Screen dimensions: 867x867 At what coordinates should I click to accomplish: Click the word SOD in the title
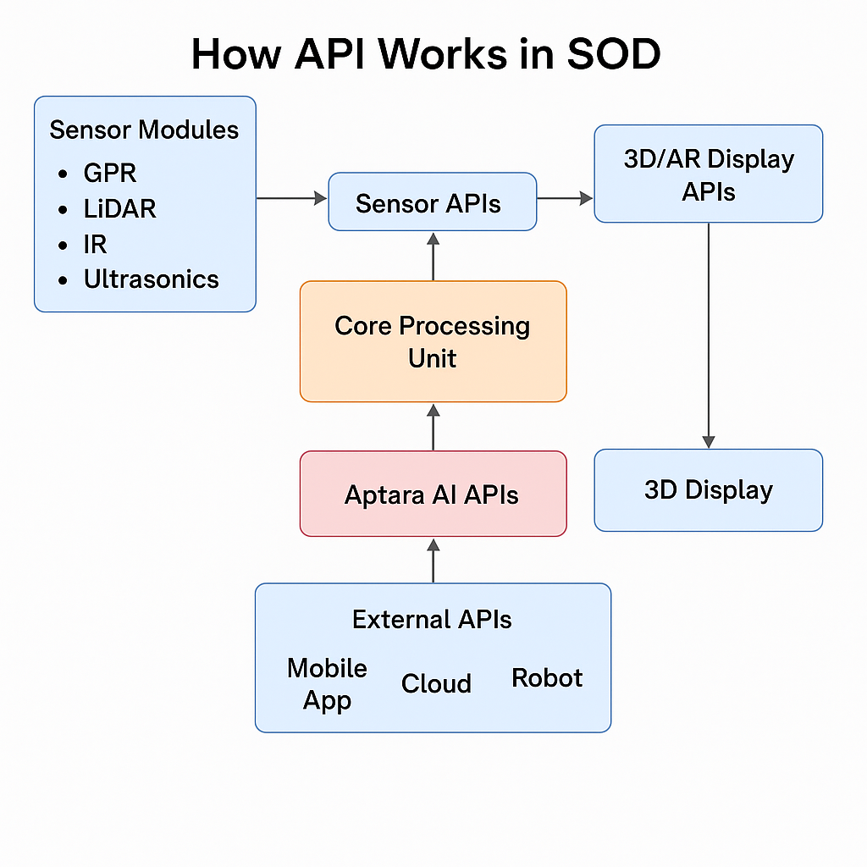(x=614, y=54)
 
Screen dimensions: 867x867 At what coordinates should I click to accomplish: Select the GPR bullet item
(x=109, y=173)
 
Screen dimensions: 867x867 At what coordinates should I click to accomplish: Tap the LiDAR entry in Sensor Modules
(x=119, y=209)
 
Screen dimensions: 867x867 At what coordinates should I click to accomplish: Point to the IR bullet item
(x=95, y=245)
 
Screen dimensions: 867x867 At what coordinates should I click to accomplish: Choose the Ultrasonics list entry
(x=151, y=279)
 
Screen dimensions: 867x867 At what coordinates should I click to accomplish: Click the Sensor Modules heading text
(x=144, y=130)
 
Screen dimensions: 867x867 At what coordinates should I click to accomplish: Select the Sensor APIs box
(x=433, y=202)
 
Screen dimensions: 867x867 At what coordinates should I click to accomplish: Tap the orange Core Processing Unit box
(x=433, y=341)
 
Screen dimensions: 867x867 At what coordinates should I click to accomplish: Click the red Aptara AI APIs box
(x=433, y=494)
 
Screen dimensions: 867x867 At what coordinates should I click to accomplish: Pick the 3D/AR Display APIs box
(x=709, y=174)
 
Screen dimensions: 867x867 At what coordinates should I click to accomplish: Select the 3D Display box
(x=709, y=490)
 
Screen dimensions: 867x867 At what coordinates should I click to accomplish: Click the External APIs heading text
(x=432, y=619)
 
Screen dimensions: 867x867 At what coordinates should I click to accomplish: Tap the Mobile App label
(x=327, y=684)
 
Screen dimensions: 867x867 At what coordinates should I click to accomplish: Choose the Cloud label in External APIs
(x=436, y=683)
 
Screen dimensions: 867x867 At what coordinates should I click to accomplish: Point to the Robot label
(x=547, y=678)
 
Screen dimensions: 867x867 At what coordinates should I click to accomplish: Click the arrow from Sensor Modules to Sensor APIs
(x=291, y=198)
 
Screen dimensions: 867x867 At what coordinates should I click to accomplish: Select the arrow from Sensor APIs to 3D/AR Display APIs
(x=565, y=198)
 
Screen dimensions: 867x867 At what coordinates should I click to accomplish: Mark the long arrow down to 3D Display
(x=709, y=335)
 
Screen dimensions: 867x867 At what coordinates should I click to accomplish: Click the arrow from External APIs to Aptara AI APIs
(x=433, y=561)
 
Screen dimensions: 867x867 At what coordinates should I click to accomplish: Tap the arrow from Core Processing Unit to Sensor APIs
(x=433, y=257)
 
